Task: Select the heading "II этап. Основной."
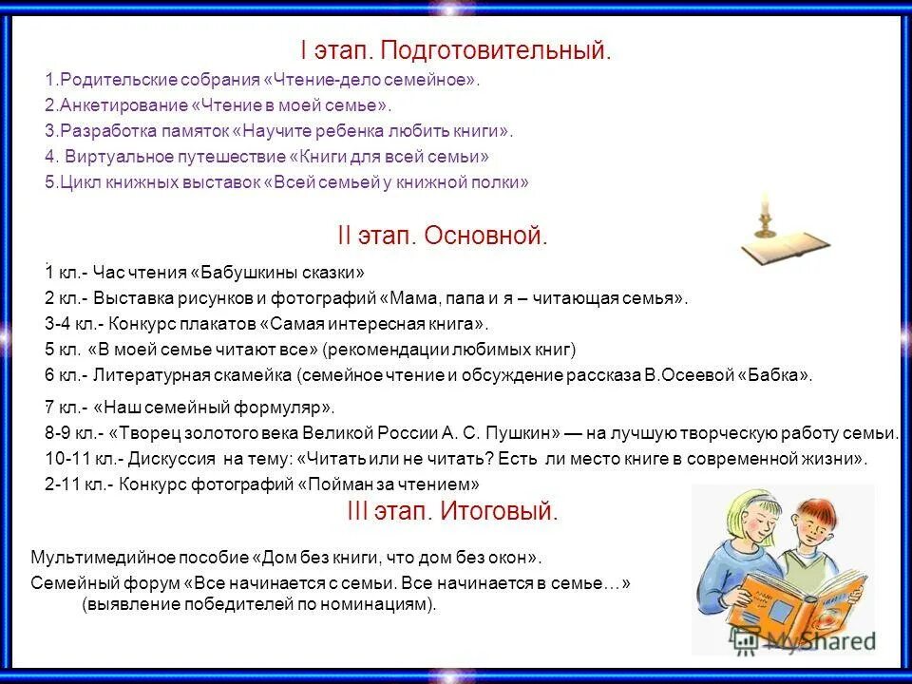tap(443, 235)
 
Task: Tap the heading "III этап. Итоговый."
tap(452, 512)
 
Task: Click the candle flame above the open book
tap(763, 200)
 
